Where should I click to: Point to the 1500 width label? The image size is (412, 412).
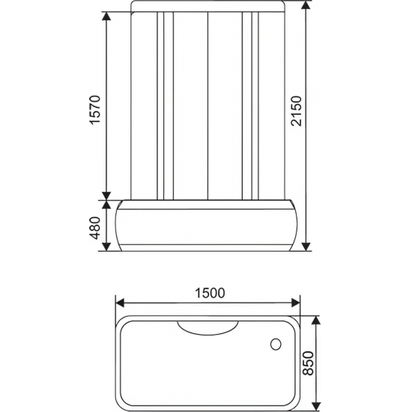pos(208,293)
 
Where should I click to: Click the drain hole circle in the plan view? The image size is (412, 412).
pos(274,346)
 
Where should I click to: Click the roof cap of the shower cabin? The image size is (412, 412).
pos(207,7)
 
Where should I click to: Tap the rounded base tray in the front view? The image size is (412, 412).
pos(207,225)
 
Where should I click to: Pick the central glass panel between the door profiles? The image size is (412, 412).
pos(207,105)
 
